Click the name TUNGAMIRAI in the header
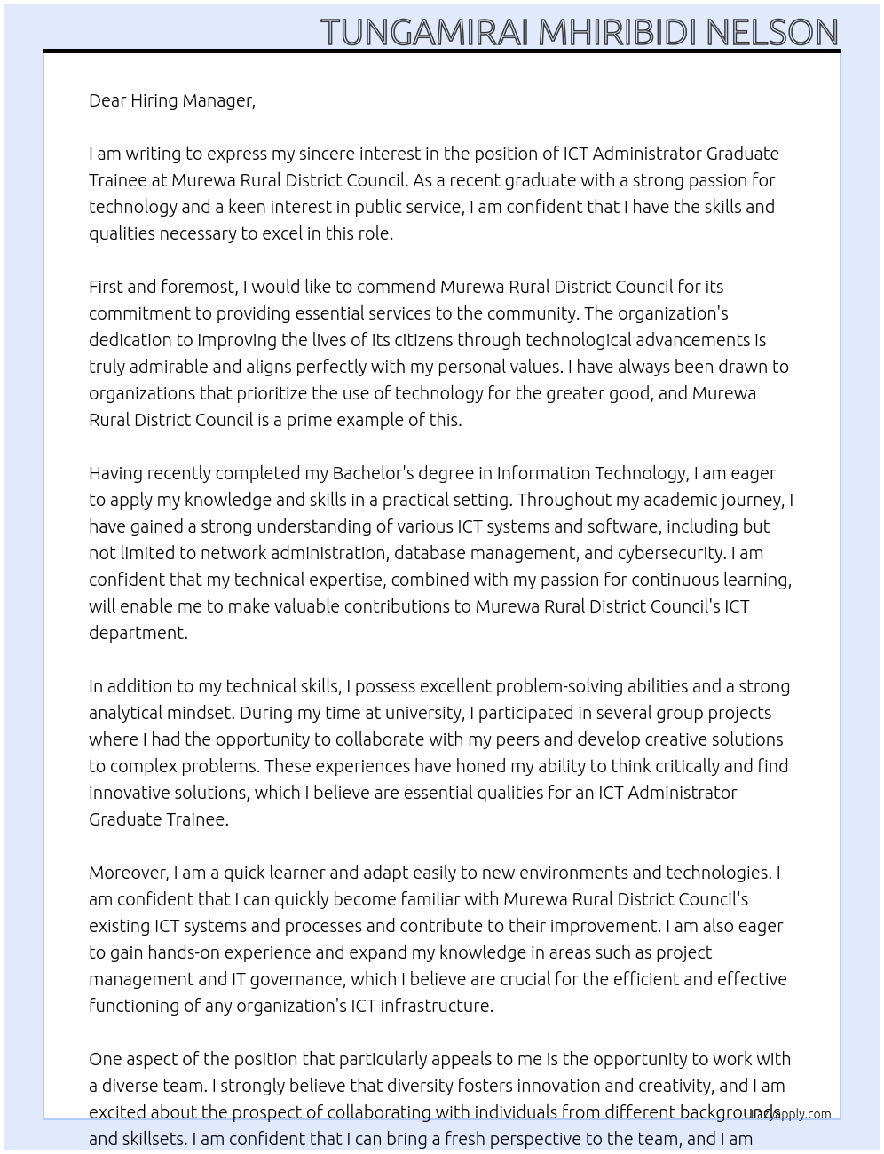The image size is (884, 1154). point(425,32)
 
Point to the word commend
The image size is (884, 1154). point(394,287)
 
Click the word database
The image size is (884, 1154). point(430,553)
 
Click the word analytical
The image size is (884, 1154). point(127,713)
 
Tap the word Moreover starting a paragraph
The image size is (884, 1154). point(129,873)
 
